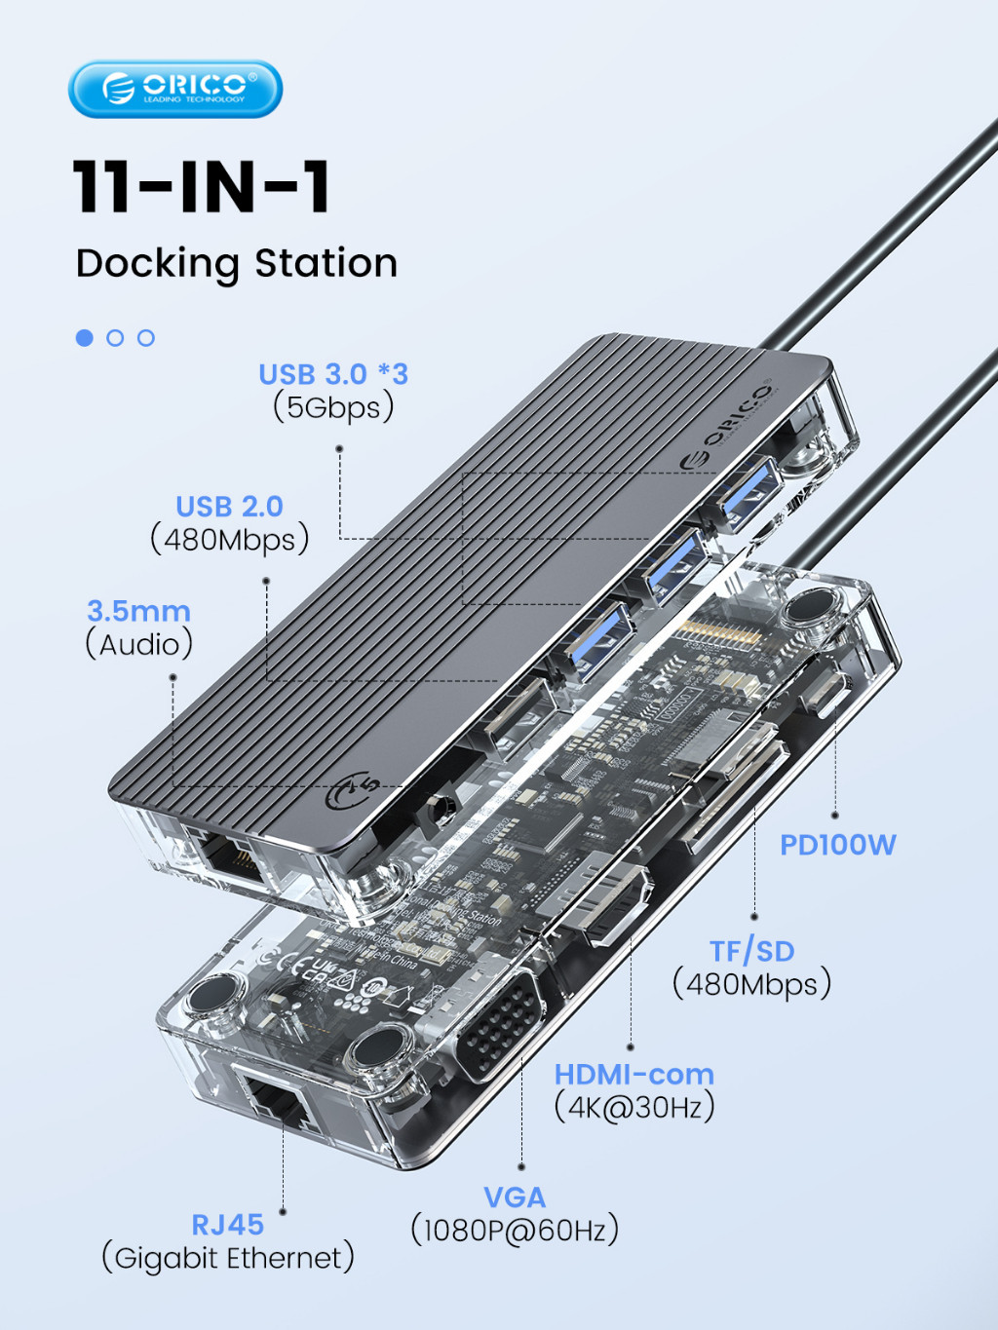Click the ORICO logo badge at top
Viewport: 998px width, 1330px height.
coord(175,89)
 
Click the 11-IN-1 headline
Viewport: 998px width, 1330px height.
coord(202,186)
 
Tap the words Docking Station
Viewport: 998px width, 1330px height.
coord(237,263)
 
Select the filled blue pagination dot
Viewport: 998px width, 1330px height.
coord(85,337)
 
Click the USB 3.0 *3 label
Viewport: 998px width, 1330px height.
coord(332,374)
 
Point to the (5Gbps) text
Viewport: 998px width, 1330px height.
coord(333,407)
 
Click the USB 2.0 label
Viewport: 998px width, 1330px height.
coord(229,507)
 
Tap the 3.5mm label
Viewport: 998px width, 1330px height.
coord(138,611)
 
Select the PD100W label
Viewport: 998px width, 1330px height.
coord(837,845)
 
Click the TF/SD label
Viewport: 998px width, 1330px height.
coord(751,951)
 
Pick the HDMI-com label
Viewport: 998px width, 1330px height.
coord(633,1074)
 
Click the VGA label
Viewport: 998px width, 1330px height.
coord(515,1197)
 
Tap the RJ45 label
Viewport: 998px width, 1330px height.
coord(227,1224)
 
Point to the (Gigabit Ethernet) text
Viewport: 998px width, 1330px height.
coord(228,1258)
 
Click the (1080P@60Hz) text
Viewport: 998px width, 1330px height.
coord(515,1230)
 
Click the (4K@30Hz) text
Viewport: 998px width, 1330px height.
coord(634,1107)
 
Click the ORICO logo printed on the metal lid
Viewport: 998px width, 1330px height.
coord(726,426)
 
